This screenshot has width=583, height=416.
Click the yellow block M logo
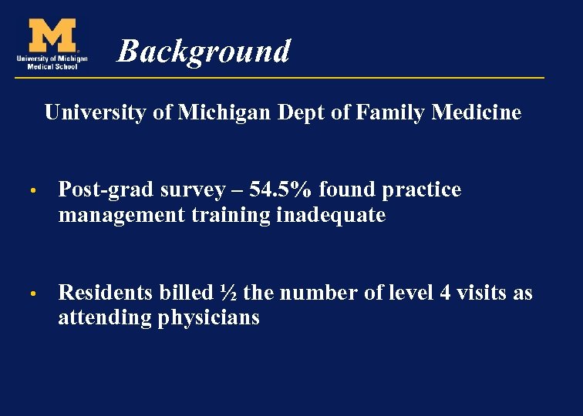pyautogui.click(x=52, y=35)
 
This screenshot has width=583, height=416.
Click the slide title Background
pyautogui.click(x=204, y=52)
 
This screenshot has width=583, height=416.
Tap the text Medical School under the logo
pyautogui.click(x=52, y=66)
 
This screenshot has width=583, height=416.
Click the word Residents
pyautogui.click(x=106, y=293)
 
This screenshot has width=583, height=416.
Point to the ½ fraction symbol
pyautogui.click(x=227, y=293)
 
